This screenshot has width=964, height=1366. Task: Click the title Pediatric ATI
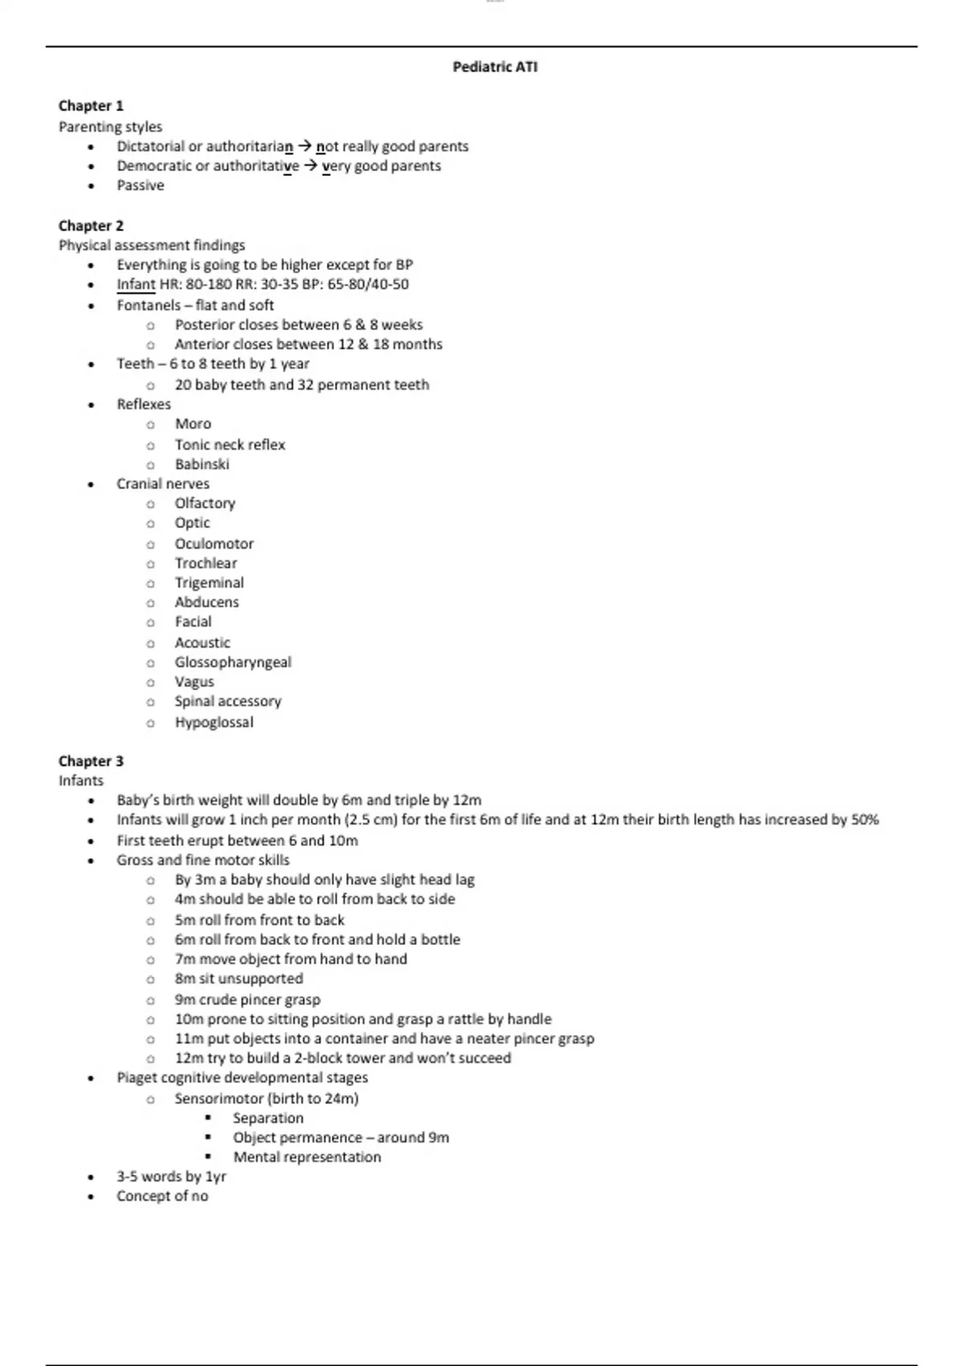495,67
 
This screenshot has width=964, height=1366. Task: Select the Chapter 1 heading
91,106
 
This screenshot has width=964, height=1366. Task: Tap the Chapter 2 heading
91,226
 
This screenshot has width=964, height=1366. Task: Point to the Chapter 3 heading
91,761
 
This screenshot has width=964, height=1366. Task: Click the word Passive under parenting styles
141,186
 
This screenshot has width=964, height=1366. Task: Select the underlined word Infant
136,284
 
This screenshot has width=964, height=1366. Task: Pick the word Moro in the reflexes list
193,424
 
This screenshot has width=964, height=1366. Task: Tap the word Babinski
202,464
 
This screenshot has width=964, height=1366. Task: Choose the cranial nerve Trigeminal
209,583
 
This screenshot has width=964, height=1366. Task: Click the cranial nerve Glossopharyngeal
233,662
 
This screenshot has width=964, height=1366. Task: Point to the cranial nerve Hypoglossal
214,722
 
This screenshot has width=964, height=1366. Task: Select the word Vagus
194,682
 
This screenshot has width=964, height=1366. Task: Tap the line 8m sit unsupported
239,979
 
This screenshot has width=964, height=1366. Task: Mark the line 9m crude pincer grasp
247,1000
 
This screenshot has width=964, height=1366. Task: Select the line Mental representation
307,1157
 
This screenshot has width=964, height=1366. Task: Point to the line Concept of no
162,1196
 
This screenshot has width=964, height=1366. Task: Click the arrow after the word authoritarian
304,146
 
